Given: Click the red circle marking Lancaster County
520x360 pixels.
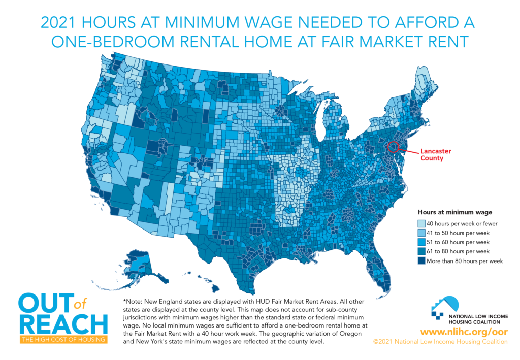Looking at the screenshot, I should click(x=393, y=147).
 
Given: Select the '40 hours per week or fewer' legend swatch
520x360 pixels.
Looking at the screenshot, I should click(x=421, y=223).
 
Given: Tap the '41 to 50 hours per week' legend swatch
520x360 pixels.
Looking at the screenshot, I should click(x=421, y=233).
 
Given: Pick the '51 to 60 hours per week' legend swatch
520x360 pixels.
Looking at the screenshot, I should click(x=421, y=242).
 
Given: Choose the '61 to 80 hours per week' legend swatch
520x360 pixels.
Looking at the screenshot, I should click(x=421, y=251).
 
